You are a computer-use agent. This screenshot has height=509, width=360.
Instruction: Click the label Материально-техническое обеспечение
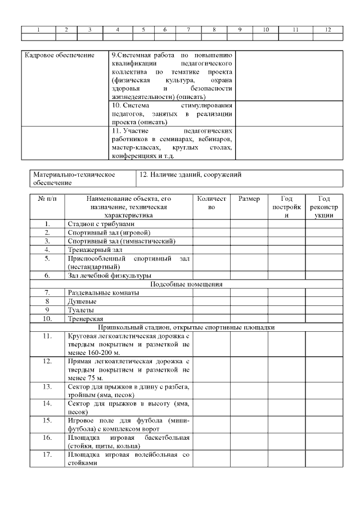point(74,179)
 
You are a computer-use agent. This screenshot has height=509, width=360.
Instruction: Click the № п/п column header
point(48,199)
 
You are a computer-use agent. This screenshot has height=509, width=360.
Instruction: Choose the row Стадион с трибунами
point(101,224)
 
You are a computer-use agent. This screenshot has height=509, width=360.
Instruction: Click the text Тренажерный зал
point(95,249)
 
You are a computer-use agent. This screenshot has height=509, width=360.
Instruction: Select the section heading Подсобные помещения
point(186,284)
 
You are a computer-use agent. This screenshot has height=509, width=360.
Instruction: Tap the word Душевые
point(82,301)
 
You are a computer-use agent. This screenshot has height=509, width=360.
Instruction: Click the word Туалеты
point(81,310)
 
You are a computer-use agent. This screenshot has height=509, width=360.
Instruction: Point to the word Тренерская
point(85,318)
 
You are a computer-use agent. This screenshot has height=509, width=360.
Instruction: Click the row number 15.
point(48,420)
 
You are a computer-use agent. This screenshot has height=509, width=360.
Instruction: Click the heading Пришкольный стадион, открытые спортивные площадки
point(186,327)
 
